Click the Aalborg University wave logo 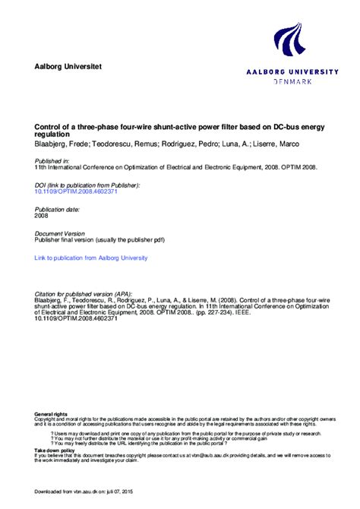point(292,43)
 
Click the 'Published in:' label point(52,161)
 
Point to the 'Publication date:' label point(58,208)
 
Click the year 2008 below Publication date point(42,215)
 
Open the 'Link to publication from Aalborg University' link point(91,258)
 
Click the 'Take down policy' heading point(54,450)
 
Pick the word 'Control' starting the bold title point(47,116)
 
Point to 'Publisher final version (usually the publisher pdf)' point(99,240)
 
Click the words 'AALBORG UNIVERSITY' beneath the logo point(292,71)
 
